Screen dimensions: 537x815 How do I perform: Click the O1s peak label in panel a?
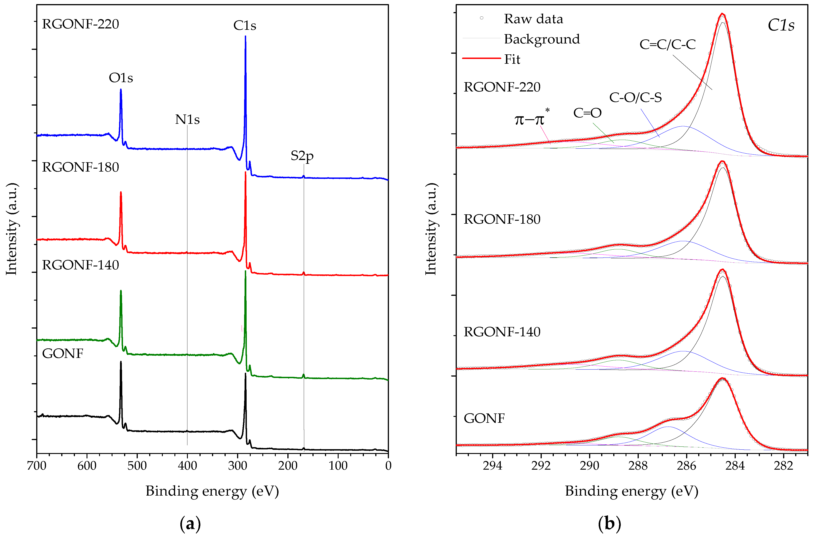pyautogui.click(x=121, y=78)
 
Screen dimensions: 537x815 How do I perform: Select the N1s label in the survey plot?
pyautogui.click(x=187, y=119)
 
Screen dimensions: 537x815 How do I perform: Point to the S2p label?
pyautogui.click(x=302, y=156)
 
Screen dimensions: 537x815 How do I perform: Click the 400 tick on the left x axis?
pyautogui.click(x=187, y=466)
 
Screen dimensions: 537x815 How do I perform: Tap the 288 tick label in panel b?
pyautogui.click(x=638, y=466)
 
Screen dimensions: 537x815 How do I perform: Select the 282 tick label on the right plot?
pyautogui.click(x=783, y=466)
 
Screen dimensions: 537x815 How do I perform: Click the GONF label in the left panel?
pyautogui.click(x=62, y=353)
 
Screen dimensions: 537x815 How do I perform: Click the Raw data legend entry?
pyautogui.click(x=533, y=19)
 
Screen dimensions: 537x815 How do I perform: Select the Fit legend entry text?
pyautogui.click(x=512, y=60)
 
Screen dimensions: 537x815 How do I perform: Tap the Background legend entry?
pyautogui.click(x=542, y=39)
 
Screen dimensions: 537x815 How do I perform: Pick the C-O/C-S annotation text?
pyautogui.click(x=635, y=98)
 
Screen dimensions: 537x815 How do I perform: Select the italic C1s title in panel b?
pyautogui.click(x=780, y=25)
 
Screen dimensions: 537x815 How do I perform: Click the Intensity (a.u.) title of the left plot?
pyautogui.click(x=12, y=229)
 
